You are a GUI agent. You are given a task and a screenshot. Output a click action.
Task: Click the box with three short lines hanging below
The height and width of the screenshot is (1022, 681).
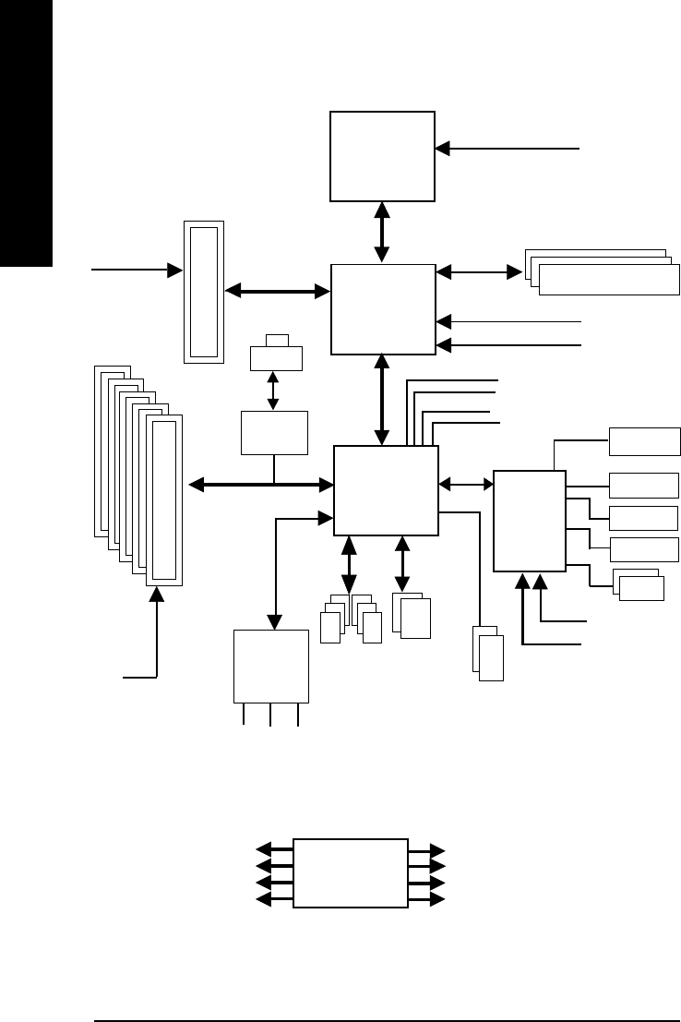(270, 666)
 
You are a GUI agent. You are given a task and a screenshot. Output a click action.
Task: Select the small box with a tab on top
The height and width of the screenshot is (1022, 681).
(276, 356)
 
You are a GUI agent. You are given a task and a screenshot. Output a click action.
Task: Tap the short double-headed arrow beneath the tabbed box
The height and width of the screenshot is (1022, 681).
(273, 391)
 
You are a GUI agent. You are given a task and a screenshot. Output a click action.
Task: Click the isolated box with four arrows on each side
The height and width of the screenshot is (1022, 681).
(350, 872)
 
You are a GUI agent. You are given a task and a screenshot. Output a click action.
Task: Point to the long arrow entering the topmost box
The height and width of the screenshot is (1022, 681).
(508, 147)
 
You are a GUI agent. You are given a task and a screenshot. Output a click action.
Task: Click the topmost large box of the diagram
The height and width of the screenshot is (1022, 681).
(382, 155)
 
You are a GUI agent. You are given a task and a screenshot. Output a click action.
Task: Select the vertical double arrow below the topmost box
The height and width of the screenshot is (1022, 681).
(382, 232)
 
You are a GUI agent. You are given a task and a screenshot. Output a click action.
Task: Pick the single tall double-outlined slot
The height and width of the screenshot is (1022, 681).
(204, 292)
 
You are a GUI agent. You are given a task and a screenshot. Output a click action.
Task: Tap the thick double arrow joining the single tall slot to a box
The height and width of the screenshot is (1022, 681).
(278, 292)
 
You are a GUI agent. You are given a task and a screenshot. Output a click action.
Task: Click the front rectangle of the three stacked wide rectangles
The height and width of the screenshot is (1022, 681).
(609, 281)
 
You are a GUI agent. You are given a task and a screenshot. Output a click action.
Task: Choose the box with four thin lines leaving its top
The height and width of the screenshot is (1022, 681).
(386, 490)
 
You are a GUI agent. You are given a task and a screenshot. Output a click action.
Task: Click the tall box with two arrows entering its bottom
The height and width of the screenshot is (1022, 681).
(530, 521)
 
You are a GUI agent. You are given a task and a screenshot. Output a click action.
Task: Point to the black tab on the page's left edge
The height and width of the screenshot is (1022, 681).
(27, 134)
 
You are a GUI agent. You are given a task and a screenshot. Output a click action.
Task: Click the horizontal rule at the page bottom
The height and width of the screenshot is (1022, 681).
(388, 995)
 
